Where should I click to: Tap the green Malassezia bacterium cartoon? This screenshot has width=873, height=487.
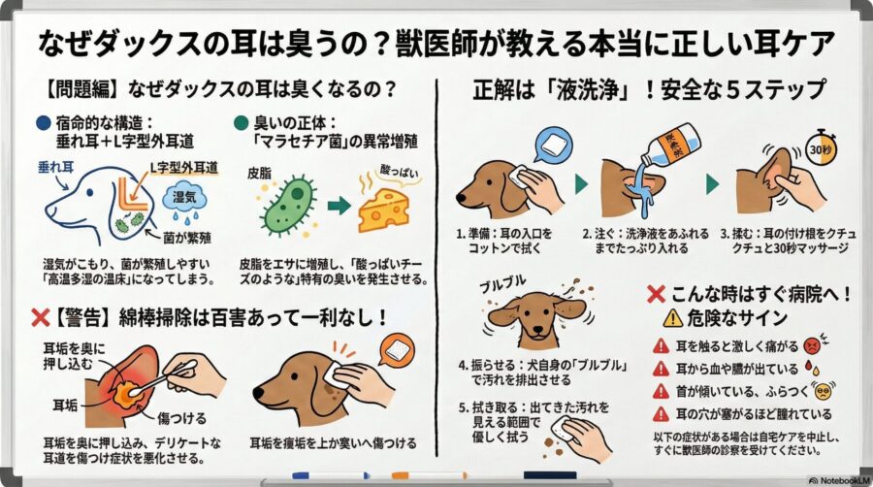289,205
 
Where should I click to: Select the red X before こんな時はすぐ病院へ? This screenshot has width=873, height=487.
656,293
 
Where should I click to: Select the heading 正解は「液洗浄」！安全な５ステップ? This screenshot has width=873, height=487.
649,89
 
